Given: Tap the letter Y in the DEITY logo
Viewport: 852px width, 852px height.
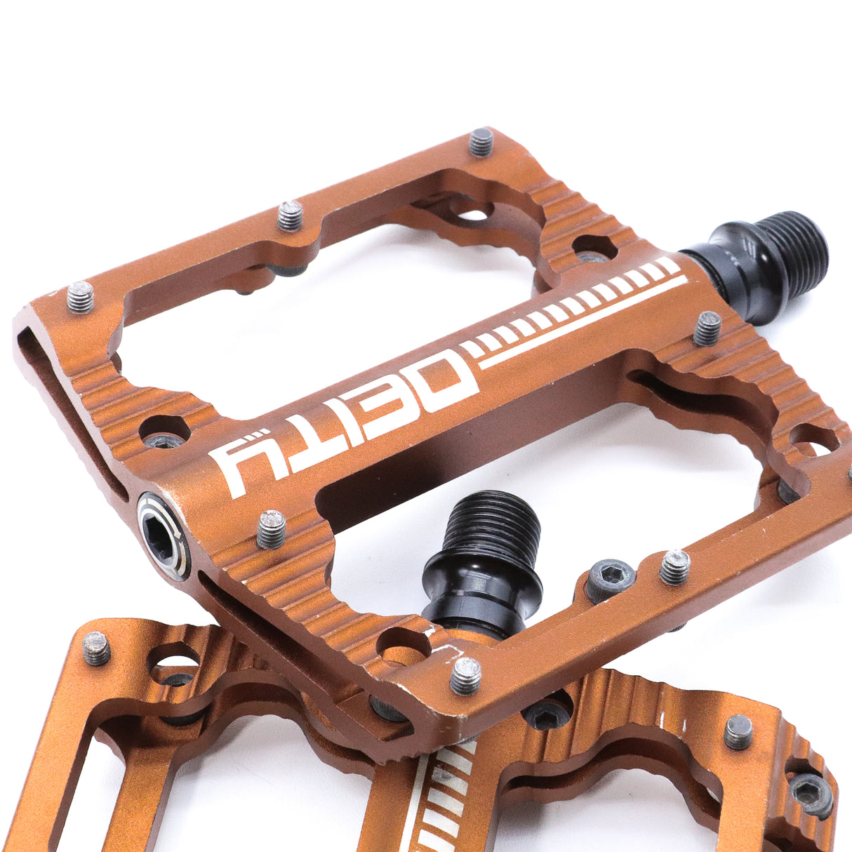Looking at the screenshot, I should (x=244, y=467).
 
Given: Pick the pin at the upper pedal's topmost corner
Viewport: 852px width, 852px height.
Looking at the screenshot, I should (x=481, y=142).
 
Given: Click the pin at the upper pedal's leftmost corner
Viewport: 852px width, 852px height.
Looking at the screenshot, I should (x=81, y=296).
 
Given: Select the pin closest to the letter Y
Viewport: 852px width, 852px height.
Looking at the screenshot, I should (x=271, y=528).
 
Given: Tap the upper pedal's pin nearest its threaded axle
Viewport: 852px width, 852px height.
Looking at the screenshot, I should (x=707, y=328).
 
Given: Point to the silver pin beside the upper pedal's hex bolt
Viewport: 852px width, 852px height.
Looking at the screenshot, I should (x=675, y=567).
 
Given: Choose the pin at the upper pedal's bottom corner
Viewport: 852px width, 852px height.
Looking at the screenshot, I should (x=465, y=675).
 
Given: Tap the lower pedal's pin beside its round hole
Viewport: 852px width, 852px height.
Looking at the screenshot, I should (x=97, y=648).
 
